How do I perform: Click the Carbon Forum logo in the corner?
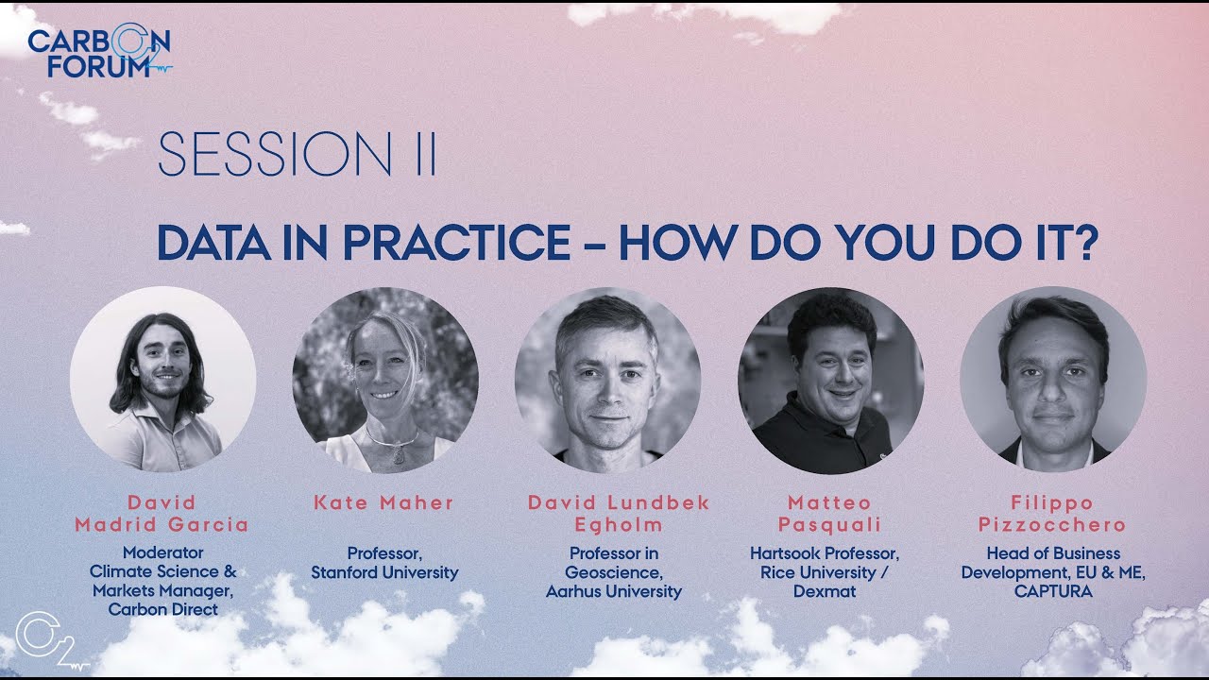(x=99, y=53)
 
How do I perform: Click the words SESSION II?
(x=297, y=155)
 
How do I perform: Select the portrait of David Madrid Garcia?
(x=162, y=380)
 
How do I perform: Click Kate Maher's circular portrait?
(x=385, y=380)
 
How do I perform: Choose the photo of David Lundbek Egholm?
(x=607, y=380)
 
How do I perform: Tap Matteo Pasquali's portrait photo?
(x=830, y=380)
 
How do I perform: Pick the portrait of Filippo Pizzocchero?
(x=1053, y=380)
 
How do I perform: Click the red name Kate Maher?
(x=384, y=502)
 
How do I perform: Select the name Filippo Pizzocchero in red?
(x=1053, y=514)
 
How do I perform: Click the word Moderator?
(x=162, y=553)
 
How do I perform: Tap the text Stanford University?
(x=384, y=572)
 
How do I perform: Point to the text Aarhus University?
(x=614, y=591)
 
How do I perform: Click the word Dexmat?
(x=826, y=591)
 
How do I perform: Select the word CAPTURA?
(x=1053, y=591)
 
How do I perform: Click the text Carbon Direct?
(x=162, y=610)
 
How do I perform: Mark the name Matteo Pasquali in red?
(x=830, y=514)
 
